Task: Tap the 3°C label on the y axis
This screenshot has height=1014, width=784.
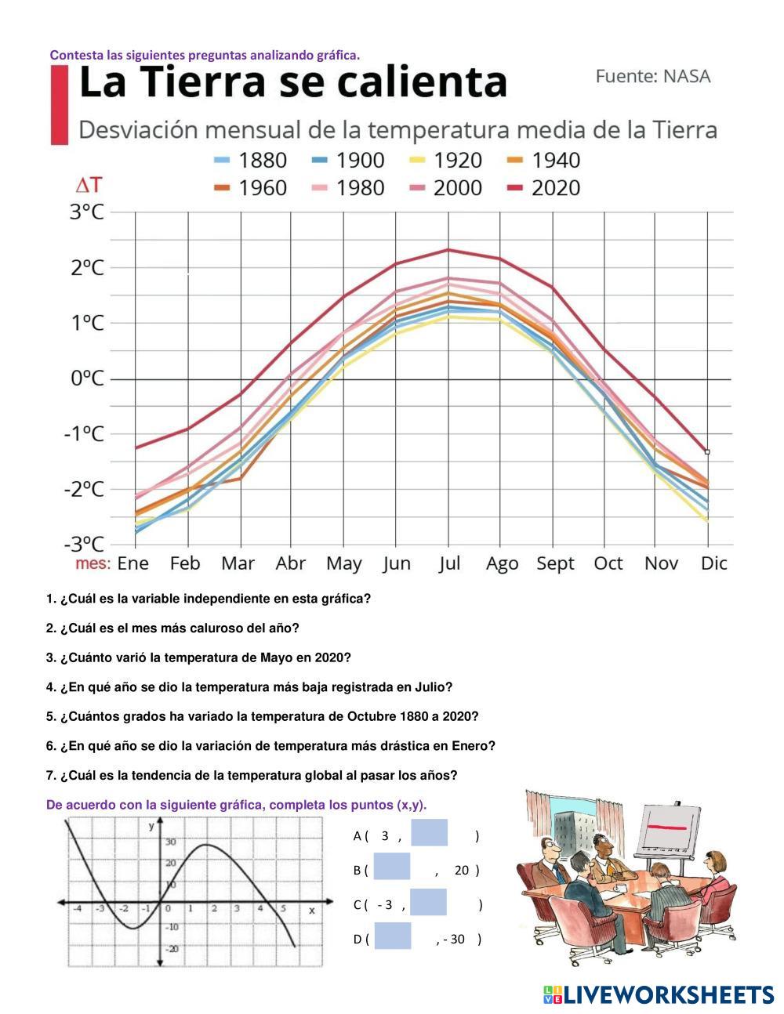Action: [x=86, y=212]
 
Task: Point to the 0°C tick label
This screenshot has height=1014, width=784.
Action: [x=86, y=378]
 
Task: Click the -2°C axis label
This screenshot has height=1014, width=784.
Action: [x=84, y=489]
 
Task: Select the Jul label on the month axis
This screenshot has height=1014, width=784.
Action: [x=449, y=563]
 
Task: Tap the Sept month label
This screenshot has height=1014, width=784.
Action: [x=555, y=563]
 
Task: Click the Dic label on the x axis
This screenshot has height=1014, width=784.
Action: [x=713, y=563]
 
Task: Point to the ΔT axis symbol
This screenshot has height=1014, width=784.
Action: [x=88, y=185]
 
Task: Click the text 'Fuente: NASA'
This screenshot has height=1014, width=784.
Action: [x=652, y=77]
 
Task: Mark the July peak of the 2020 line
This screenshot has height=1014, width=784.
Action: [x=448, y=250]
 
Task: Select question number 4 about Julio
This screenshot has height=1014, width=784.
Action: [x=249, y=687]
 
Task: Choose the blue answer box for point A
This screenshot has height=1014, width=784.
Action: [x=429, y=834]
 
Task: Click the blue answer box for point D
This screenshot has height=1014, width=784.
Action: [x=392, y=937]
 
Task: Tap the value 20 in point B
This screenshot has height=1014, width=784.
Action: [x=461, y=870]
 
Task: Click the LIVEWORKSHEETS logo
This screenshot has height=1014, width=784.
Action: [x=659, y=994]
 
